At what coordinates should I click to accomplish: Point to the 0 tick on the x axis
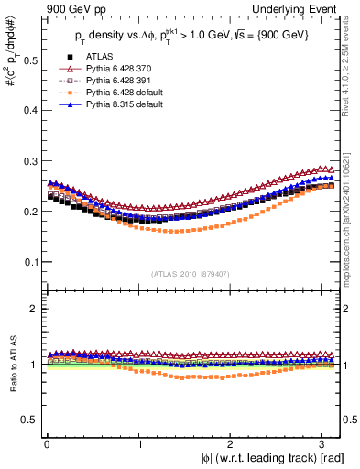(x=46, y=444)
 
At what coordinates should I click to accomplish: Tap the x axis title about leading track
(x=272, y=458)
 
